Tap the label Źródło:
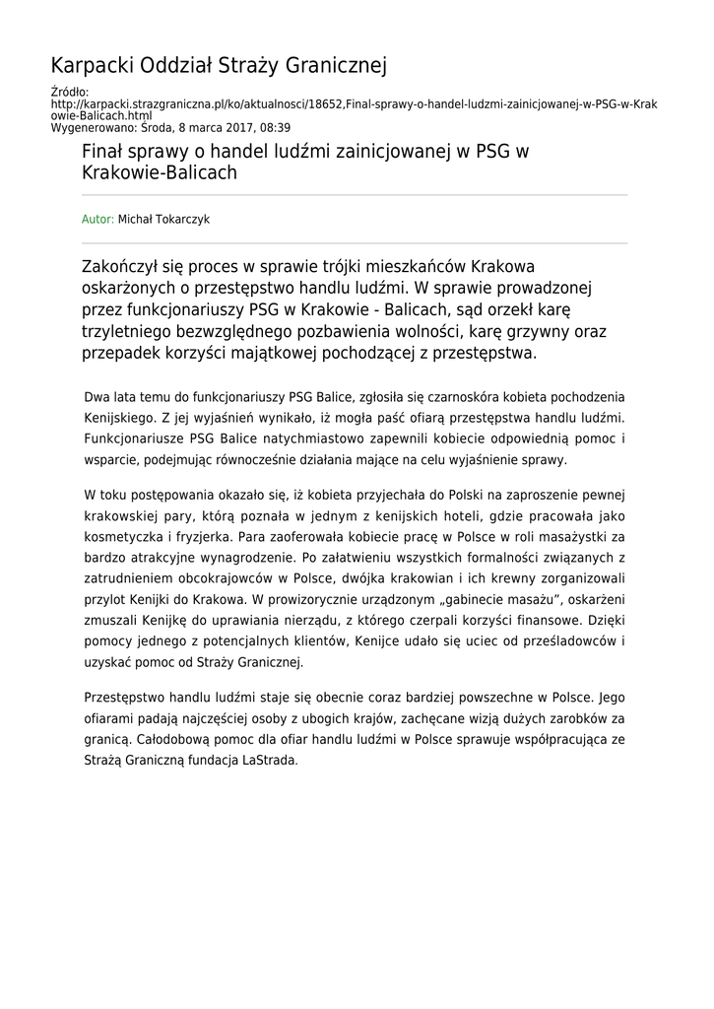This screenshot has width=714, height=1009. coord(69,93)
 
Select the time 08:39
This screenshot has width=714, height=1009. coord(273,128)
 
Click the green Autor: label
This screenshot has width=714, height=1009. coord(97,220)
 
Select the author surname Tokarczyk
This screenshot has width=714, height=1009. coord(180,220)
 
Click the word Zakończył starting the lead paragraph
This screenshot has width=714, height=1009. coord(128,267)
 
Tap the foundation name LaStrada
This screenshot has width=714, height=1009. coord(268,761)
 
